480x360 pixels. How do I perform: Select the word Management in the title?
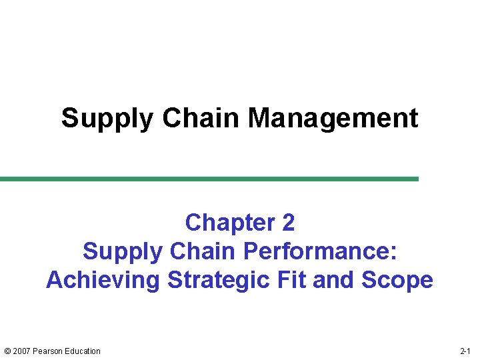pos(333,118)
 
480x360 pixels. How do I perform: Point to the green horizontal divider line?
pos(209,179)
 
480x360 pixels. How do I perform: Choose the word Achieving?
pos(103,280)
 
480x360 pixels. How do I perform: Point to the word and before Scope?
pos(334,279)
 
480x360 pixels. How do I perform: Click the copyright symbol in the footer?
pos(7,351)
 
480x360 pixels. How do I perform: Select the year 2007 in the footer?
pos(23,351)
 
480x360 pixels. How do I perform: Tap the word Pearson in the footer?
pos(49,351)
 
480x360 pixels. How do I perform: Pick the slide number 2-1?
pos(465,351)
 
